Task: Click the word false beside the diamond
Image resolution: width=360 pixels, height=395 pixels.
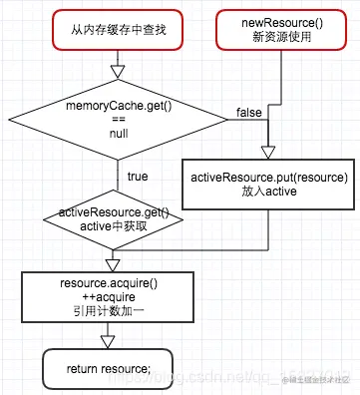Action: click(x=249, y=111)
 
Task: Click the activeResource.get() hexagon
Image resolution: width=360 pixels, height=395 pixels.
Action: click(x=115, y=219)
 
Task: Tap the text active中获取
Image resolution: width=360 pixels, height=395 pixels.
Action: click(x=115, y=226)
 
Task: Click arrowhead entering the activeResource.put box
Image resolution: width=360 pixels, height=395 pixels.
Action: click(x=266, y=152)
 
